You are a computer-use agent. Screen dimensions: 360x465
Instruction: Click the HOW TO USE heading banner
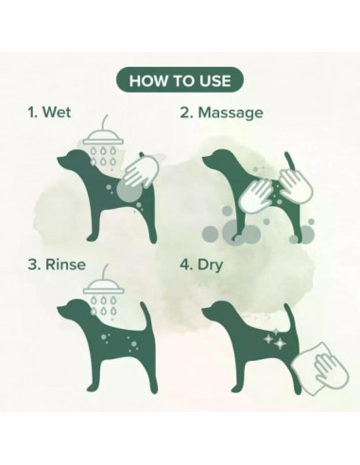pyautogui.click(x=180, y=80)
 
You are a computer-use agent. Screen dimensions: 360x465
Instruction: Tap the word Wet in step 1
pyautogui.click(x=57, y=112)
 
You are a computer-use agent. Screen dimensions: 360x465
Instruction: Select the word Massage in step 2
pyautogui.click(x=231, y=113)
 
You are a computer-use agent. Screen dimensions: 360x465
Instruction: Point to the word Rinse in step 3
pyautogui.click(x=65, y=264)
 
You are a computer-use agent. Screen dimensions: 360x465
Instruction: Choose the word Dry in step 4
pyautogui.click(x=211, y=266)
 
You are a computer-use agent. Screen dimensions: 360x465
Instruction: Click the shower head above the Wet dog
pyautogui.click(x=103, y=136)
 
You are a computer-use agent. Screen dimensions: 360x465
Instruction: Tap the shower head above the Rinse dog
pyautogui.click(x=103, y=285)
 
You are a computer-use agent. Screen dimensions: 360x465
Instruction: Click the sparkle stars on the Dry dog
pyautogui.click(x=274, y=339)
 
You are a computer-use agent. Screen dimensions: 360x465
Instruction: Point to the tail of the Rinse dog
pyautogui.click(x=145, y=315)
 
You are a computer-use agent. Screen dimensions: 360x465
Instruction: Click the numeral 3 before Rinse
pyautogui.click(x=33, y=265)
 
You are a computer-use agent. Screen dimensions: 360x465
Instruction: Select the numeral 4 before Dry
pyautogui.click(x=184, y=265)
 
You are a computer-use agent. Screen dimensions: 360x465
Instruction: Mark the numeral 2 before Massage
pyautogui.click(x=184, y=112)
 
